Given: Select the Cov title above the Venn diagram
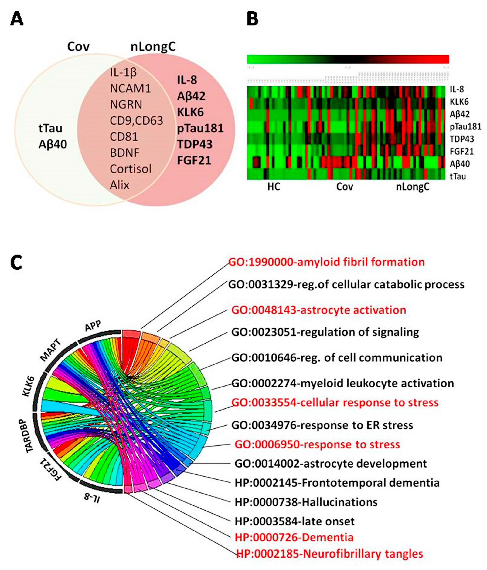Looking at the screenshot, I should tap(78, 46).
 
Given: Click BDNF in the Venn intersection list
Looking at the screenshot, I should tap(124, 153).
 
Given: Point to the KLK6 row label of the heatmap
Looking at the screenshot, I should tap(459, 102).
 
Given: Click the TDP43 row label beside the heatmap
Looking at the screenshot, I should tap(462, 139).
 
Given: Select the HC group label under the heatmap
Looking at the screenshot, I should tap(274, 187).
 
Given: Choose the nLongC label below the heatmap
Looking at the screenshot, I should tap(412, 187).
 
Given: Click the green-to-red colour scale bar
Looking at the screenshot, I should tap(348, 59).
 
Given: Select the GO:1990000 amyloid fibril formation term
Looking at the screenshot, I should tap(326, 262).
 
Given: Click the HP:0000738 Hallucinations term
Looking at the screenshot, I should tap(306, 502).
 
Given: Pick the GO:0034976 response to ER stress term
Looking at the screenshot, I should tap(322, 425).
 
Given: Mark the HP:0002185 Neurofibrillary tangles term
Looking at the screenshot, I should tap(329, 554).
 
